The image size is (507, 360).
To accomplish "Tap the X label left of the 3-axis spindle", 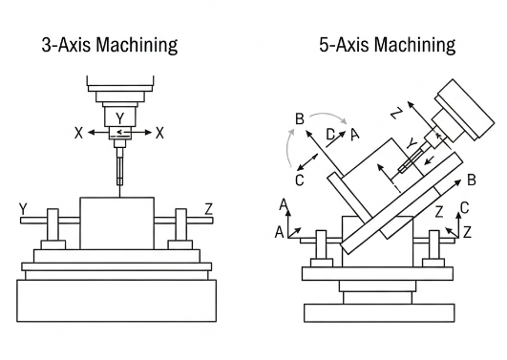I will pyautogui.click(x=77, y=134).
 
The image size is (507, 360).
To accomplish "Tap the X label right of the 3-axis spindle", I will pyautogui.click(x=159, y=134).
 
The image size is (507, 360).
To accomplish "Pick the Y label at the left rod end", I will pyautogui.click(x=21, y=210).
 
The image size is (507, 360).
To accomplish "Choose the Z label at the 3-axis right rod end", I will pyautogui.click(x=209, y=210).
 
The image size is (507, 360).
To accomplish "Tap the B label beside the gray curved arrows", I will pyautogui.click(x=300, y=119).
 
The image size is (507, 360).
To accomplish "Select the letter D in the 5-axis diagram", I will pyautogui.click(x=329, y=134).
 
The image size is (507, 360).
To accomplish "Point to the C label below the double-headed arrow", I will pyautogui.click(x=299, y=179).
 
